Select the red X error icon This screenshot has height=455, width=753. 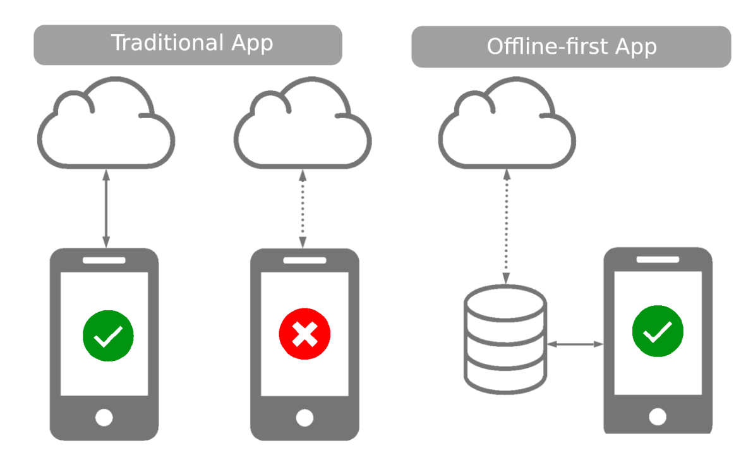coord(304,333)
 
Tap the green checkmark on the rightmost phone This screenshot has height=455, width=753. coord(658,331)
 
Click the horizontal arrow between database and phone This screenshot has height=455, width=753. coord(575,344)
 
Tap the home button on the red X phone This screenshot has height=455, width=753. coord(304,417)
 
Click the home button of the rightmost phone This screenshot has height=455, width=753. coord(657,416)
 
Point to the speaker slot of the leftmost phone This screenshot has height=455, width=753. coord(104,260)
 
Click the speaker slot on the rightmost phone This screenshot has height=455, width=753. coord(657,259)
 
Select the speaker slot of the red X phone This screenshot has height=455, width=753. coord(304,260)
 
